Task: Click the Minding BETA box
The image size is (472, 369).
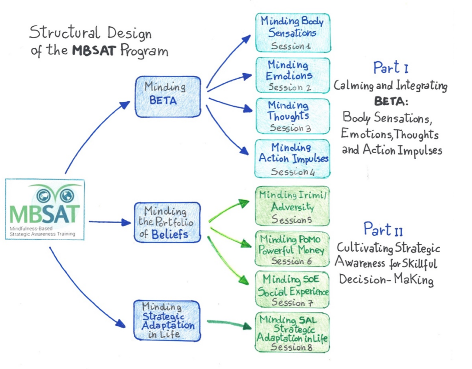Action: (x=167, y=96)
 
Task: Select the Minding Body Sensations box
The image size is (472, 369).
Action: (x=293, y=33)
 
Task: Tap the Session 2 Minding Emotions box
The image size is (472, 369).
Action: (x=293, y=75)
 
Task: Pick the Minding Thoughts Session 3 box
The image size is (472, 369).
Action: (x=293, y=116)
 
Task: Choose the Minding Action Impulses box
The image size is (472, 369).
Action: (x=293, y=159)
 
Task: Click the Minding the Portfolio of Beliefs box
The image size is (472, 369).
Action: (x=167, y=222)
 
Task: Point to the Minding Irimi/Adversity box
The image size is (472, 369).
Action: (x=292, y=206)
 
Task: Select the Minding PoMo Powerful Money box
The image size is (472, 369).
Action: (x=292, y=249)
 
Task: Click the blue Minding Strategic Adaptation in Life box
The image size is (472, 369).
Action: (x=167, y=321)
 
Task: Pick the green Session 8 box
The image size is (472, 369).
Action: (x=292, y=332)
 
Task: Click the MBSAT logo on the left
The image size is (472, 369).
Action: (x=45, y=209)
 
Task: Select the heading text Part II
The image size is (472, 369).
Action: (x=383, y=229)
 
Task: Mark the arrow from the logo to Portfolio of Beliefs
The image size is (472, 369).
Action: (x=110, y=222)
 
